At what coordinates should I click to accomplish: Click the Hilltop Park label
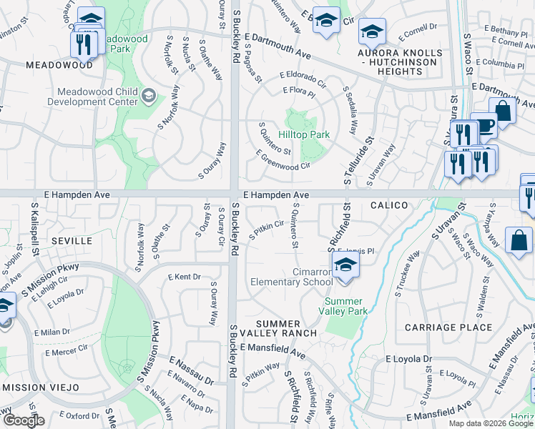click(x=304, y=134)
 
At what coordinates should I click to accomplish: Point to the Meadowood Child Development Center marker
click(x=149, y=96)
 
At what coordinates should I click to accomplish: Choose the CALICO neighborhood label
click(x=389, y=205)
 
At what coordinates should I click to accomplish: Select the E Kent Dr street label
click(x=184, y=276)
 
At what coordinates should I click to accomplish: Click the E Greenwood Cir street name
click(x=283, y=160)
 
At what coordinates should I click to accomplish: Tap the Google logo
click(x=24, y=420)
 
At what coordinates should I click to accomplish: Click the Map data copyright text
click(x=490, y=423)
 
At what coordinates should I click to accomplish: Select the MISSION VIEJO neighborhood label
click(x=37, y=387)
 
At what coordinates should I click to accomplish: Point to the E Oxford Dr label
click(x=74, y=415)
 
